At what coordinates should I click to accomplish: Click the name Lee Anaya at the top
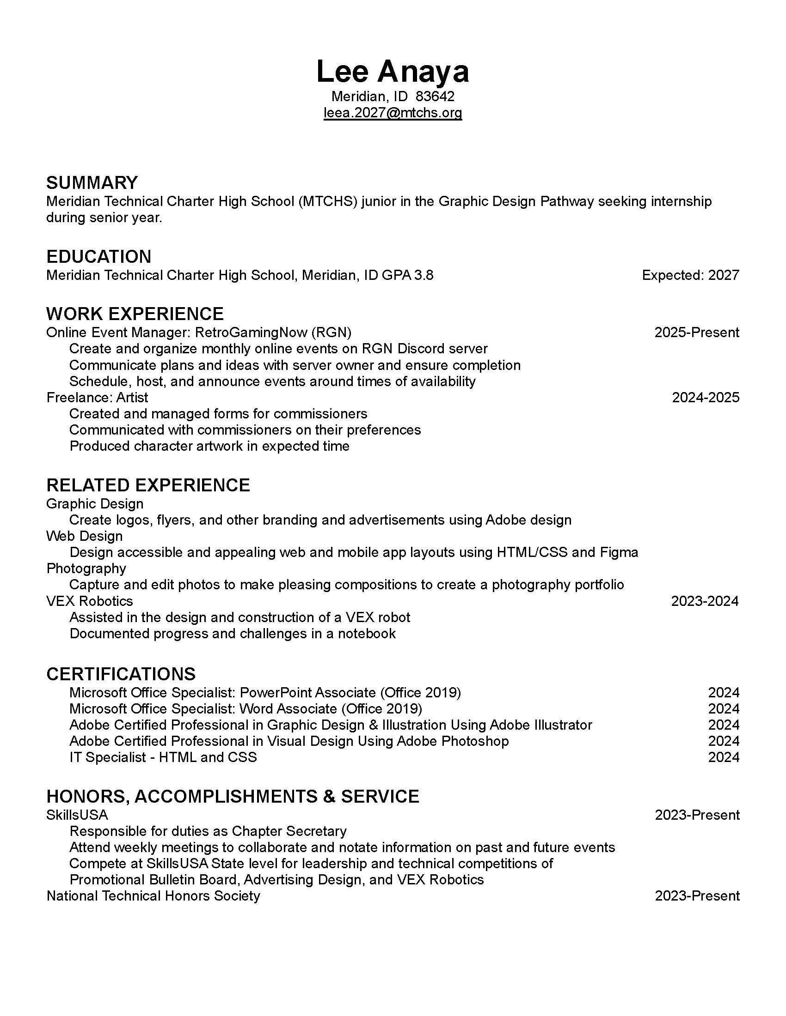tap(393, 72)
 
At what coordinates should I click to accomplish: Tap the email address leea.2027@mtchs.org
tap(393, 113)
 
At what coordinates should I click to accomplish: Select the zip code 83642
tap(435, 97)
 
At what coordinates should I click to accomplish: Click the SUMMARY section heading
tap(92, 183)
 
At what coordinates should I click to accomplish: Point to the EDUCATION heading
tap(99, 257)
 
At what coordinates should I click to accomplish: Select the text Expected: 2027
tap(690, 275)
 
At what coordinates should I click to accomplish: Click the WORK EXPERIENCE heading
tap(135, 314)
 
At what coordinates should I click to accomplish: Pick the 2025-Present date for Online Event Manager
tap(697, 333)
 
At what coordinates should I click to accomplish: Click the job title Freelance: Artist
tap(97, 398)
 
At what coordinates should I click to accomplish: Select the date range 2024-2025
tap(706, 398)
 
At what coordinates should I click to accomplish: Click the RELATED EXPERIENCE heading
tap(148, 485)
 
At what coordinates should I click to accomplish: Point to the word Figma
tap(619, 553)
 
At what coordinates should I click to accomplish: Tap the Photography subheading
tap(86, 568)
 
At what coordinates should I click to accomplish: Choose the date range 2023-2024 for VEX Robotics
tap(705, 601)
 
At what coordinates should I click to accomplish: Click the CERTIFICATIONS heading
tap(121, 674)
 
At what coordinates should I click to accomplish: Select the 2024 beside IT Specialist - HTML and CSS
tap(724, 757)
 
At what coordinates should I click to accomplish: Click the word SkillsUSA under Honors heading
tap(77, 815)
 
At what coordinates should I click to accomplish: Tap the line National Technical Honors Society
tap(153, 896)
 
